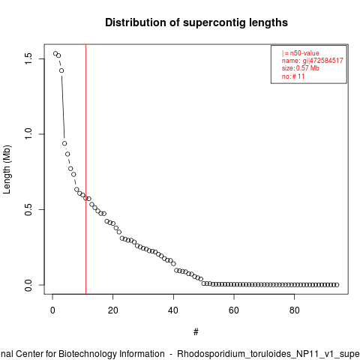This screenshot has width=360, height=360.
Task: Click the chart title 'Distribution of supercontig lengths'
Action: [x=196, y=22]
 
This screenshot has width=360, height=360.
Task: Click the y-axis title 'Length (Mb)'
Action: [x=7, y=169]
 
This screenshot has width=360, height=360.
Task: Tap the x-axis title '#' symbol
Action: [x=196, y=332]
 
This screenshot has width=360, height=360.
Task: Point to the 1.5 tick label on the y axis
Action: [x=28, y=58]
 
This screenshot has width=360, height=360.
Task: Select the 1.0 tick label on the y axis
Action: [x=28, y=134]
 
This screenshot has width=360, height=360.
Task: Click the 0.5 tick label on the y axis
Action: [x=28, y=209]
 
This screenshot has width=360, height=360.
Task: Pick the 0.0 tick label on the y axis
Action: [x=28, y=285]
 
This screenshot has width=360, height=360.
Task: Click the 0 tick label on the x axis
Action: [x=52, y=310]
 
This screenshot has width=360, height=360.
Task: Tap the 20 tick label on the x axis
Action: [x=113, y=310]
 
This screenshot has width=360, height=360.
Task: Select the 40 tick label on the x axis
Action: [x=173, y=310]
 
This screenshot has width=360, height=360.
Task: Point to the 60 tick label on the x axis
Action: [x=234, y=310]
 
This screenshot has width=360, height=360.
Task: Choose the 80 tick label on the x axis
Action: [x=294, y=310]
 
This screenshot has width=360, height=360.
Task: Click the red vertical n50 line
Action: [x=85, y=169]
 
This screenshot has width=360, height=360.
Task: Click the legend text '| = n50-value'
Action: [x=301, y=53]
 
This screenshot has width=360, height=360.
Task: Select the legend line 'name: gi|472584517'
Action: [x=313, y=61]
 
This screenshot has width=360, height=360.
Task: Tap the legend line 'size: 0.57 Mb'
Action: [x=301, y=68]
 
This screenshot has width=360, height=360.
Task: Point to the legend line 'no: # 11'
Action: [x=293, y=76]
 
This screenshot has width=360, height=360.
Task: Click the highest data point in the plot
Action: [x=55, y=53]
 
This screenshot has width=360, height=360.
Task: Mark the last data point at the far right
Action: [x=337, y=285]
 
